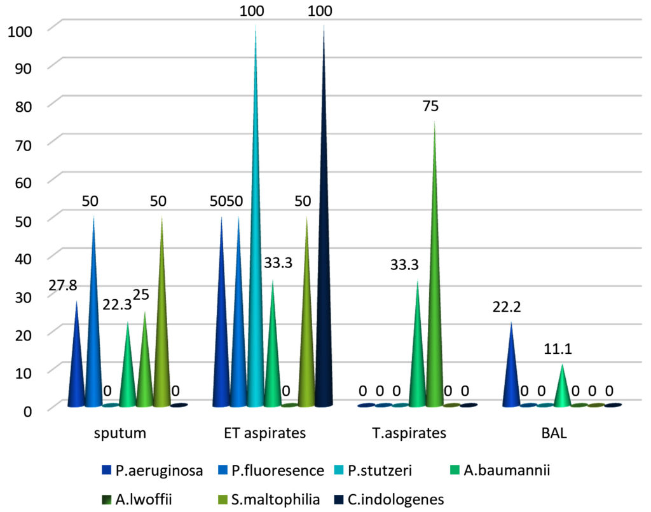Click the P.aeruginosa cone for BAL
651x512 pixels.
pos(511,375)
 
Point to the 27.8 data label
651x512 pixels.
pos(63,286)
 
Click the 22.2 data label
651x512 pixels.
pos(506,307)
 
